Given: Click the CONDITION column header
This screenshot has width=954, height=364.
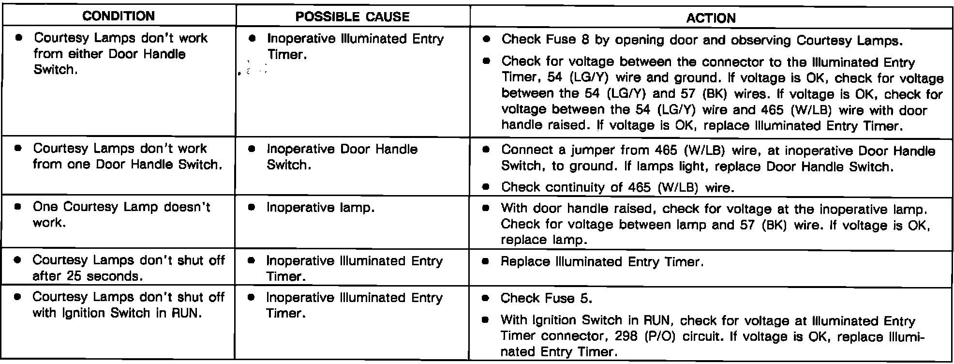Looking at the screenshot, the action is (x=119, y=16).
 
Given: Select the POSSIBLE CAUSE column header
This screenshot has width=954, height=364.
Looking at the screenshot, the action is (x=352, y=17).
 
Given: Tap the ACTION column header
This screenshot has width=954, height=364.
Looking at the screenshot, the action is (x=711, y=18).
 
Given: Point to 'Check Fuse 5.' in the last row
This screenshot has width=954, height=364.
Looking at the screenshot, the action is (x=546, y=298).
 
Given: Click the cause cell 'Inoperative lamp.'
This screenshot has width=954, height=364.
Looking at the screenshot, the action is (x=320, y=208).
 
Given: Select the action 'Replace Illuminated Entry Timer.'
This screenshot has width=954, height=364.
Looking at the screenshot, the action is (x=602, y=262).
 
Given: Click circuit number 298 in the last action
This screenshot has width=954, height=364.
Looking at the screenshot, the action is (x=626, y=336).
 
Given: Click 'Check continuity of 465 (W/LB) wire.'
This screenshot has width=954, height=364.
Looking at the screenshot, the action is (x=618, y=187).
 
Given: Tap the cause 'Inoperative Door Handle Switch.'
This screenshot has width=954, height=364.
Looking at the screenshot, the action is (x=342, y=157).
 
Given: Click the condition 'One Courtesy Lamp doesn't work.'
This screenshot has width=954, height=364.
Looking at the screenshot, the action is (x=121, y=214).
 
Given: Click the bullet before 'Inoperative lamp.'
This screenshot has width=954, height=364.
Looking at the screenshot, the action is (x=251, y=207).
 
